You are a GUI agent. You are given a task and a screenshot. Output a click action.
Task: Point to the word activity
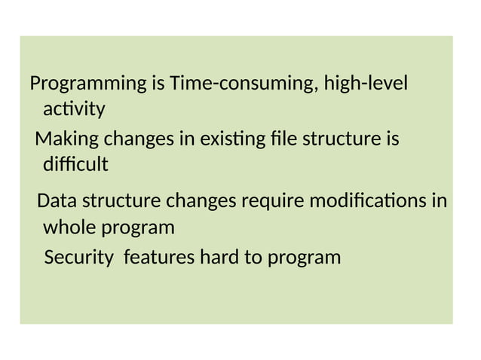coord(74,110)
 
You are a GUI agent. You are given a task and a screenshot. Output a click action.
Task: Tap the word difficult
coord(75,164)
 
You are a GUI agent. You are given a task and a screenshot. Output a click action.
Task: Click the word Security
coord(78,258)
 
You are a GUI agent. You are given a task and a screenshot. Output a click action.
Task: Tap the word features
coord(158,258)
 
